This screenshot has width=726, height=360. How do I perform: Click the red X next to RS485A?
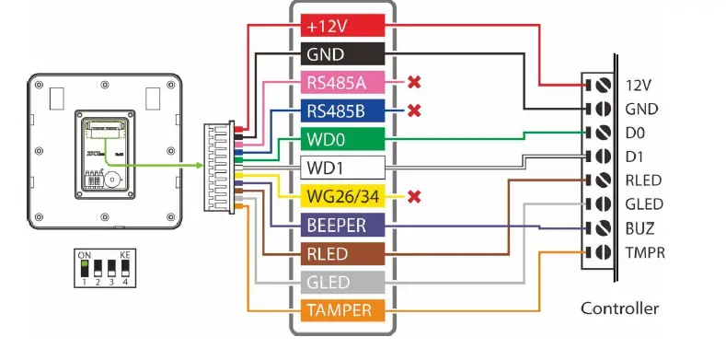(x=414, y=83)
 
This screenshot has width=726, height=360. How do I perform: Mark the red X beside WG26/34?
(x=414, y=197)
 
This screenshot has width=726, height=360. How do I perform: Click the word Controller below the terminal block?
(x=619, y=308)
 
